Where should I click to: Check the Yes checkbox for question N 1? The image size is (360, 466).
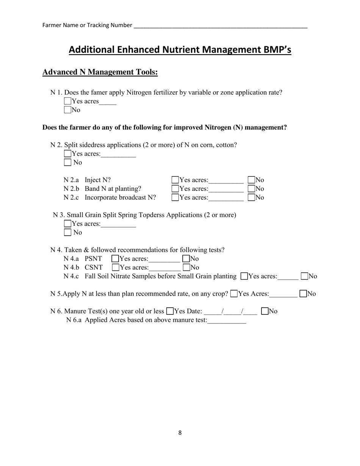67,101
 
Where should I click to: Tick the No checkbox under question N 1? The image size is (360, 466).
67,110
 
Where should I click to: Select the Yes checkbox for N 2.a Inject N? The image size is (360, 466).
175,180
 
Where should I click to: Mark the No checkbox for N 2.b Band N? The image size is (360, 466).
252,189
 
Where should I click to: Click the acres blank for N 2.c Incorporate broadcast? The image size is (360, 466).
226,197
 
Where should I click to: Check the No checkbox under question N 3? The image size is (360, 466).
67,233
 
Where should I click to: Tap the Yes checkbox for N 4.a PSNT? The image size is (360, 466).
115,259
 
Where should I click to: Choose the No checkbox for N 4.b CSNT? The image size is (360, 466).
186,267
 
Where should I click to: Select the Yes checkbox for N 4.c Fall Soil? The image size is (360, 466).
244,276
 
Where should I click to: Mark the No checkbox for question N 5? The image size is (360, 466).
303,294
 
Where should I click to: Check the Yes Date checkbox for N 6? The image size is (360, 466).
170,311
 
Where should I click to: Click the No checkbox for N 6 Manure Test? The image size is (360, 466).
265,311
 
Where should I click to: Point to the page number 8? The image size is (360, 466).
180,433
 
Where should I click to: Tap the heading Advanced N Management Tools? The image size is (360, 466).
100,72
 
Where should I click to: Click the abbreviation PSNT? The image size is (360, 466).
94,259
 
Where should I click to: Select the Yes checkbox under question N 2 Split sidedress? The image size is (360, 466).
67,154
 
